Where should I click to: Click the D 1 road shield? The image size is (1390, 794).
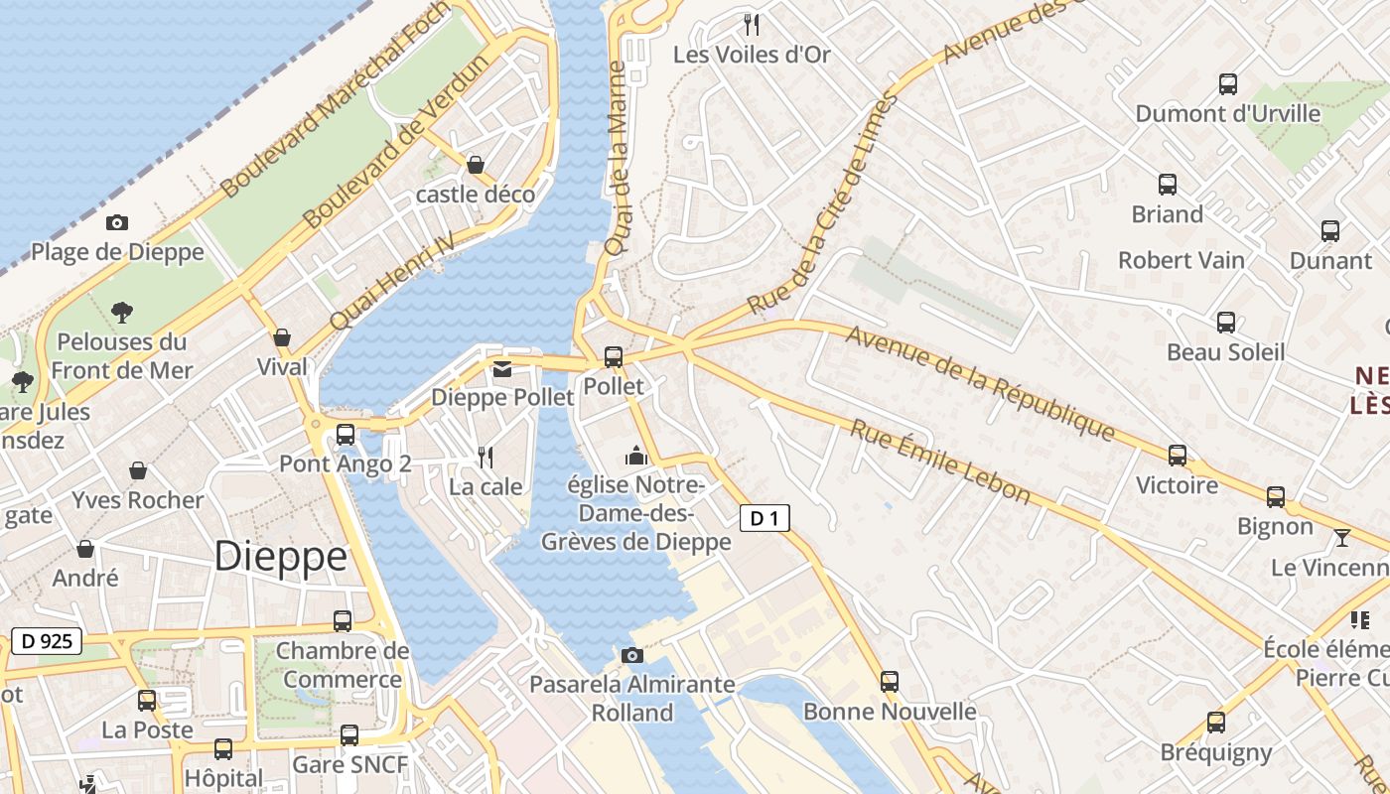click(764, 517)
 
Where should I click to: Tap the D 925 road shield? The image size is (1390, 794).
click(47, 641)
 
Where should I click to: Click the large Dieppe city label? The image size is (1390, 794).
click(281, 556)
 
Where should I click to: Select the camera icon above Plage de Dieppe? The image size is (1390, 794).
click(117, 222)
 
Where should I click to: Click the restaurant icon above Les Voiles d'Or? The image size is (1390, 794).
click(752, 25)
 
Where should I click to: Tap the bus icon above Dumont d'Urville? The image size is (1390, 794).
click(1228, 84)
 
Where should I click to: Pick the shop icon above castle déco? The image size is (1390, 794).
click(476, 165)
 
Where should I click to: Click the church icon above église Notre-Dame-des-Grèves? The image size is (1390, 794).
click(635, 457)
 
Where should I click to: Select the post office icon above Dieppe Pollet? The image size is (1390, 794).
click(502, 369)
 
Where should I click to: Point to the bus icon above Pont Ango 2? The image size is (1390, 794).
click(346, 434)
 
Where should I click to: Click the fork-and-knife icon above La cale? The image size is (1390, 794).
click(486, 458)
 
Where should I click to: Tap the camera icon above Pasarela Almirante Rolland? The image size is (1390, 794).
click(631, 655)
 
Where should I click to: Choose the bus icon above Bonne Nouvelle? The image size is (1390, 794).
click(890, 682)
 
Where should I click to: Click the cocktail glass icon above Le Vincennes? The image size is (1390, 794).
click(1342, 538)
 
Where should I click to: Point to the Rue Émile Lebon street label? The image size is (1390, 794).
click(939, 462)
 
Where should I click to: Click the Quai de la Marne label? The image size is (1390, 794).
click(617, 159)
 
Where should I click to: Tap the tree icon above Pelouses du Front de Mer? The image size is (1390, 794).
click(122, 313)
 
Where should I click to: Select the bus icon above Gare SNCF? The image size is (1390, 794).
click(349, 735)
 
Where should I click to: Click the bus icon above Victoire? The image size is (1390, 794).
click(1178, 456)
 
